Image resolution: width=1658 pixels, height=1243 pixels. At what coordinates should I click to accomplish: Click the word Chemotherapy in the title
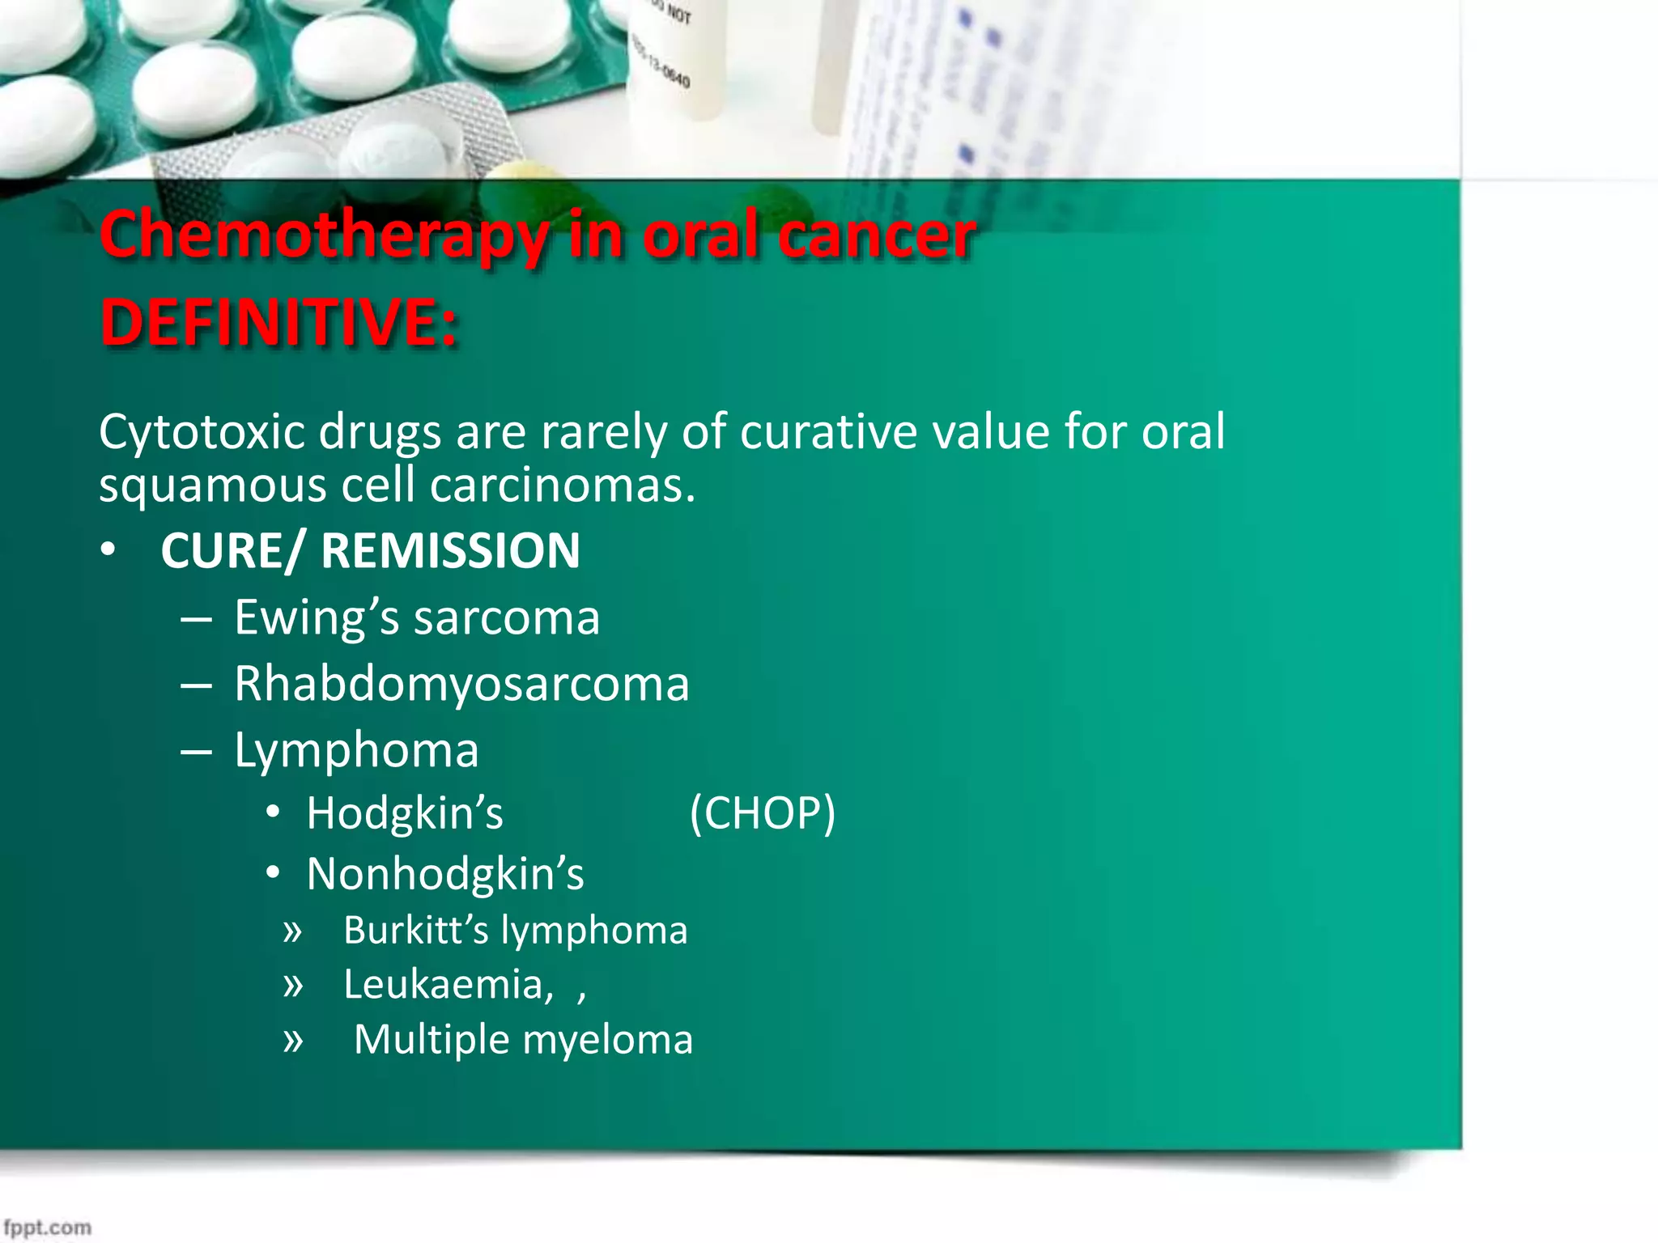pyautogui.click(x=323, y=236)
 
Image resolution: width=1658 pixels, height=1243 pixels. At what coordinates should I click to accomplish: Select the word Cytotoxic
pyautogui.click(x=202, y=432)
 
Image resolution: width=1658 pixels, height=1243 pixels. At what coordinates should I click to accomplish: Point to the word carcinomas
pyautogui.click(x=562, y=486)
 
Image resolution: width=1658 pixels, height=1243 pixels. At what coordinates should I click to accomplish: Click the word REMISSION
pyautogui.click(x=450, y=551)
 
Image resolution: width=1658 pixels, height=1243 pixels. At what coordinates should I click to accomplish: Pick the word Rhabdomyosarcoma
pyautogui.click(x=461, y=685)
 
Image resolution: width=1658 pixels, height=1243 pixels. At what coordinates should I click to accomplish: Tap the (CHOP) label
pyautogui.click(x=762, y=813)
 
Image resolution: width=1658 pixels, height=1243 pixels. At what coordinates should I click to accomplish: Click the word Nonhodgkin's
pyautogui.click(x=444, y=875)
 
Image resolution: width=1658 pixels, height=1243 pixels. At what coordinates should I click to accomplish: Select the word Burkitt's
pyautogui.click(x=416, y=931)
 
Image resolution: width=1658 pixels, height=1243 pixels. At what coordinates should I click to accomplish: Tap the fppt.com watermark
pyautogui.click(x=47, y=1228)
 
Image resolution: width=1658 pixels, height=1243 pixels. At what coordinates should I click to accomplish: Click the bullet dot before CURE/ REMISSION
pyautogui.click(x=108, y=551)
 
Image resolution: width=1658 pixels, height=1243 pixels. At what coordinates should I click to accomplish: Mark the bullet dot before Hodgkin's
pyautogui.click(x=273, y=812)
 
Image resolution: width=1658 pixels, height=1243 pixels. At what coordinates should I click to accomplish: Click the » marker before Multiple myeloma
pyautogui.click(x=292, y=1041)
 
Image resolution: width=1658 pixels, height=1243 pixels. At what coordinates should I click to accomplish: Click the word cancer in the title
pyautogui.click(x=876, y=236)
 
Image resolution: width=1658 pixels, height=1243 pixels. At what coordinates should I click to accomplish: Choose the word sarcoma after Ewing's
pyautogui.click(x=507, y=618)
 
